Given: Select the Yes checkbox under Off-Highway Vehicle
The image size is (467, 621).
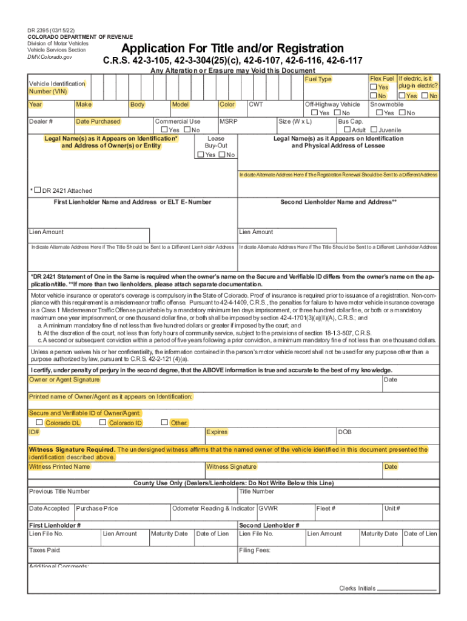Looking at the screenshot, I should [314, 113].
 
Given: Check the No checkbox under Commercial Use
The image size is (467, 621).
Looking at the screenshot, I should [187, 130].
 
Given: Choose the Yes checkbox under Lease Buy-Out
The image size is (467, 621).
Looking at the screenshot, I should [201, 155].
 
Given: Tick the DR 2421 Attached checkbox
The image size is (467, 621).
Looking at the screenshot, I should [38, 190].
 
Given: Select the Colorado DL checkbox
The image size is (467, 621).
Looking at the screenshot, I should [39, 422].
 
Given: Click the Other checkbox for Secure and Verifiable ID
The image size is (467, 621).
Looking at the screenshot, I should [164, 422].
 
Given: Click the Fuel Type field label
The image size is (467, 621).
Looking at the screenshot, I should [318, 79].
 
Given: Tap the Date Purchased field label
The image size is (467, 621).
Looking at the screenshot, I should [98, 121].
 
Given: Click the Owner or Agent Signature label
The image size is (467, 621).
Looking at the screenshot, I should [65, 380].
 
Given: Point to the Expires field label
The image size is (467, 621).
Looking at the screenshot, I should [217, 432].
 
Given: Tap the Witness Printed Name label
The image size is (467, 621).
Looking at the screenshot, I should [59, 466].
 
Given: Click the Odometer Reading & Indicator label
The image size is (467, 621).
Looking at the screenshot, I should [213, 508].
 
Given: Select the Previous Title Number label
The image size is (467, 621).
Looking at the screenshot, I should [59, 491].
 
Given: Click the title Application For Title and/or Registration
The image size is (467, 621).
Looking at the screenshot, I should [232, 49].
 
